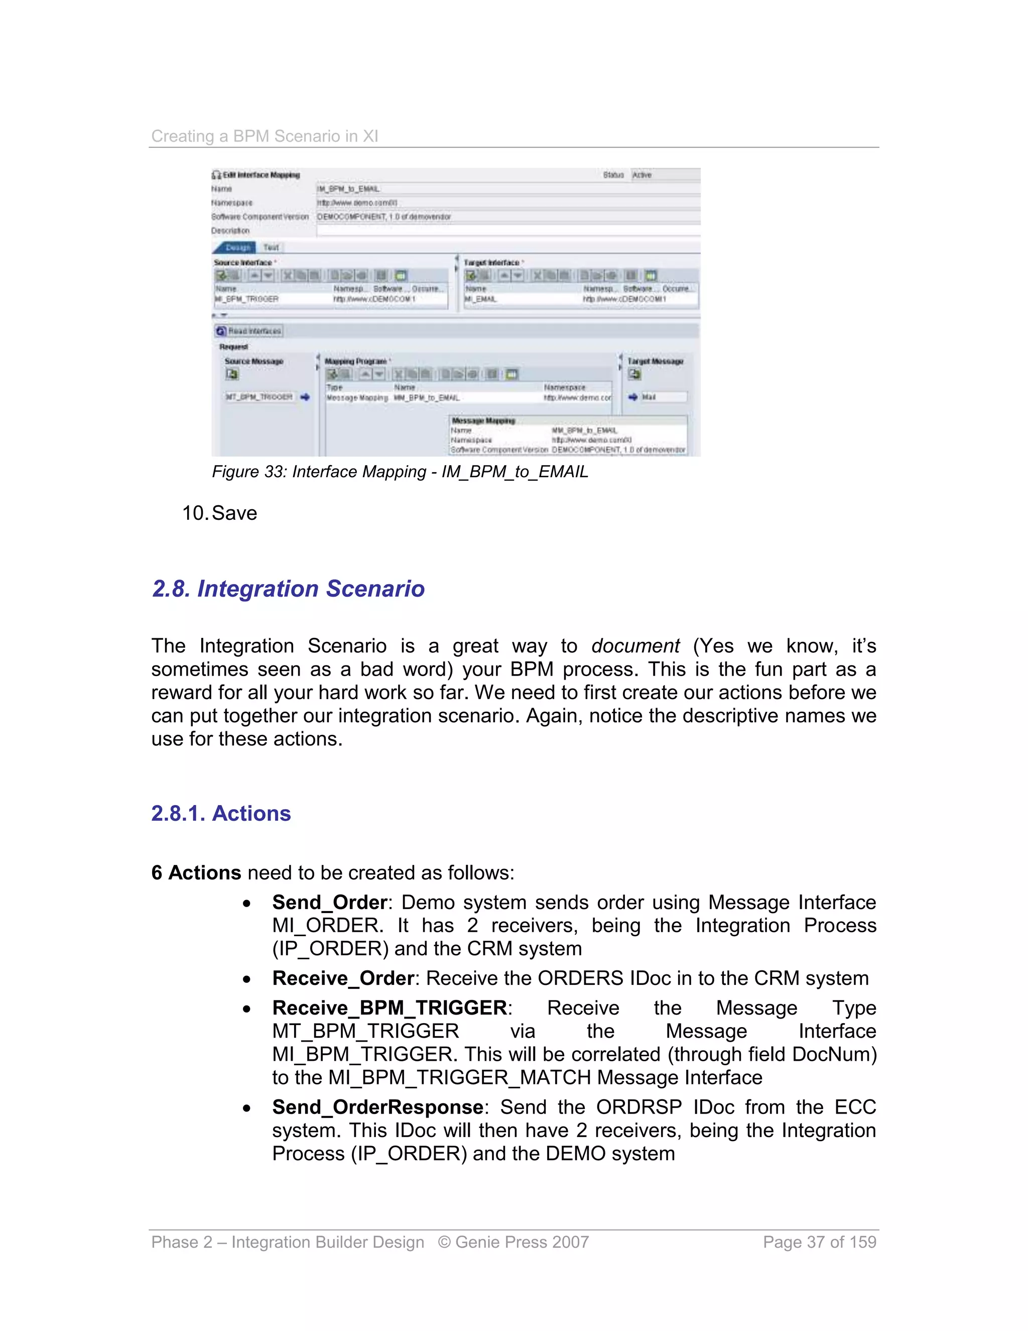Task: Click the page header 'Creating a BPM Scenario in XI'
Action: click(x=265, y=136)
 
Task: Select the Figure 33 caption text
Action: click(x=400, y=472)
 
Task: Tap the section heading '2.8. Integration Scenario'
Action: click(x=288, y=589)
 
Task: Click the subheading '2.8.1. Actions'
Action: click(x=221, y=814)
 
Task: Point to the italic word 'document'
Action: click(x=634, y=646)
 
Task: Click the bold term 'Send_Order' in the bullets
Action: click(x=329, y=903)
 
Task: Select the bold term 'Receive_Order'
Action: click(x=343, y=978)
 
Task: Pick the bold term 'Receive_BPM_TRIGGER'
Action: click(x=389, y=1008)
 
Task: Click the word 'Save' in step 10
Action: click(x=234, y=513)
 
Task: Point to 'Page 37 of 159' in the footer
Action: click(x=819, y=1242)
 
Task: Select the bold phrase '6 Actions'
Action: click(x=196, y=873)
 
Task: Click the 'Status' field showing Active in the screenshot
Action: click(x=665, y=175)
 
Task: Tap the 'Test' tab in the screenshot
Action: click(x=271, y=248)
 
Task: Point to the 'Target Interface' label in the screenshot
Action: click(x=491, y=263)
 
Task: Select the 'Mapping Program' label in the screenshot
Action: click(x=356, y=362)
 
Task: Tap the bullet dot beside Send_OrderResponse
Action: click(x=246, y=1108)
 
